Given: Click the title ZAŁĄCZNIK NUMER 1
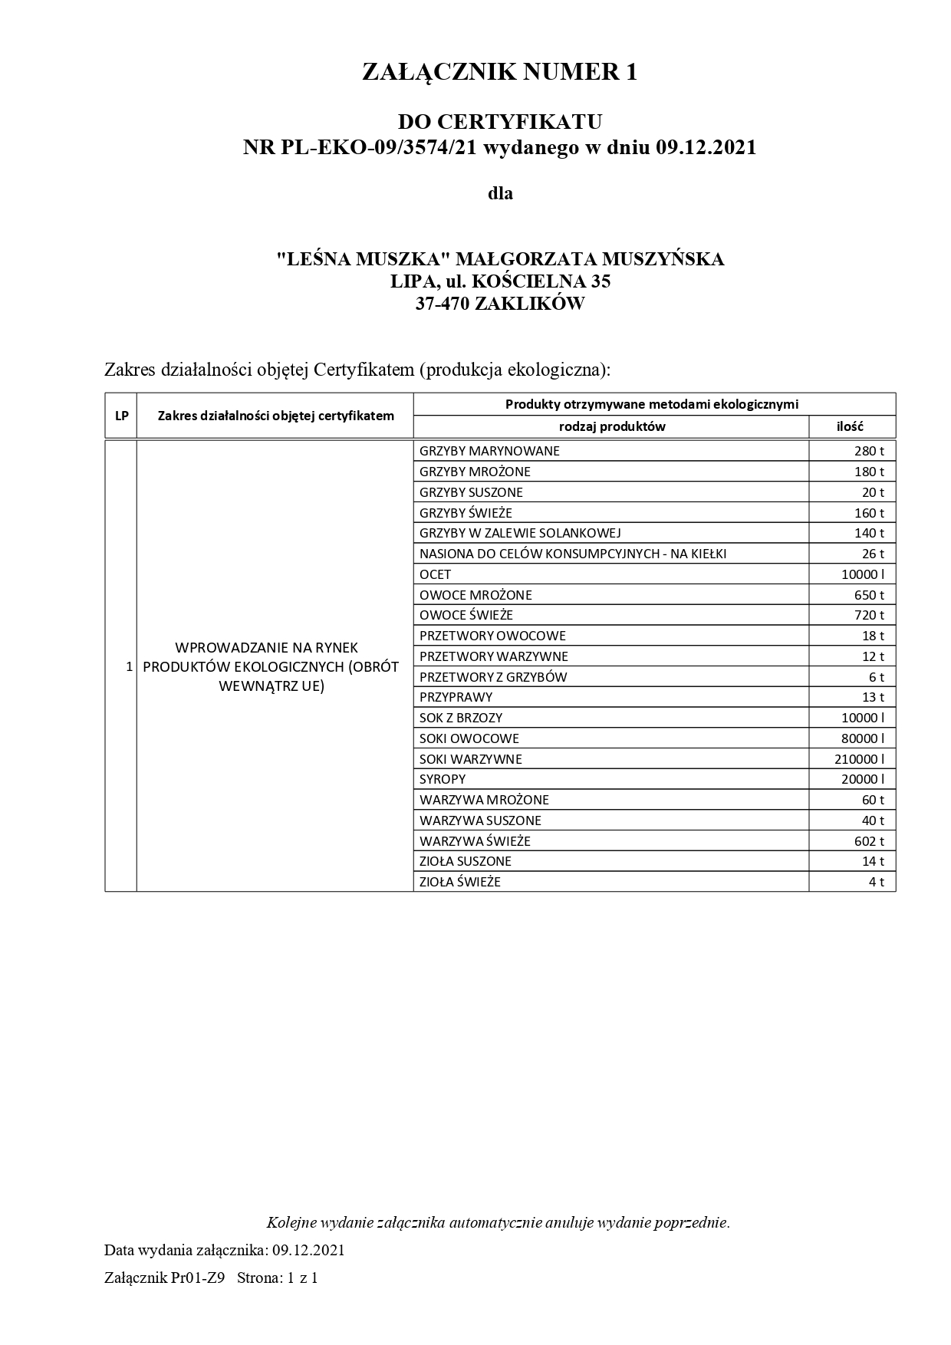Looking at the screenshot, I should coord(499,72).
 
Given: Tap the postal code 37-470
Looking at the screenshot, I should coord(443,304).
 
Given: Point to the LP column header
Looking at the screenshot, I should coord(121,416).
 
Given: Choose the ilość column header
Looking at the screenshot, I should coord(850,426).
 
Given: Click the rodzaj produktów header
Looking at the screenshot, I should coord(612,426).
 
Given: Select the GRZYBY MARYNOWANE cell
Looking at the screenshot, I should coord(489,451).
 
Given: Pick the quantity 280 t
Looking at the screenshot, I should coord(869,451).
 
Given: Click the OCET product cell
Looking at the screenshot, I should coord(435,574).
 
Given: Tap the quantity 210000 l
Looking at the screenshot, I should coord(859,759).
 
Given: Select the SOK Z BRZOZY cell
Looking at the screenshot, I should coord(461,718).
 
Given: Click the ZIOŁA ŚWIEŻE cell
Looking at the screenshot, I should coord(460,882).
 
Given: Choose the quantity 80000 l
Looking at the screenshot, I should coord(862,738).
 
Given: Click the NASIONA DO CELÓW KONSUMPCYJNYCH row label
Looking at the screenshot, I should coord(573,554).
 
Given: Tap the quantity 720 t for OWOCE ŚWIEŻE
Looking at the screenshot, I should coord(869,615).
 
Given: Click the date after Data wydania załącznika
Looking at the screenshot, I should coord(308,1250).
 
